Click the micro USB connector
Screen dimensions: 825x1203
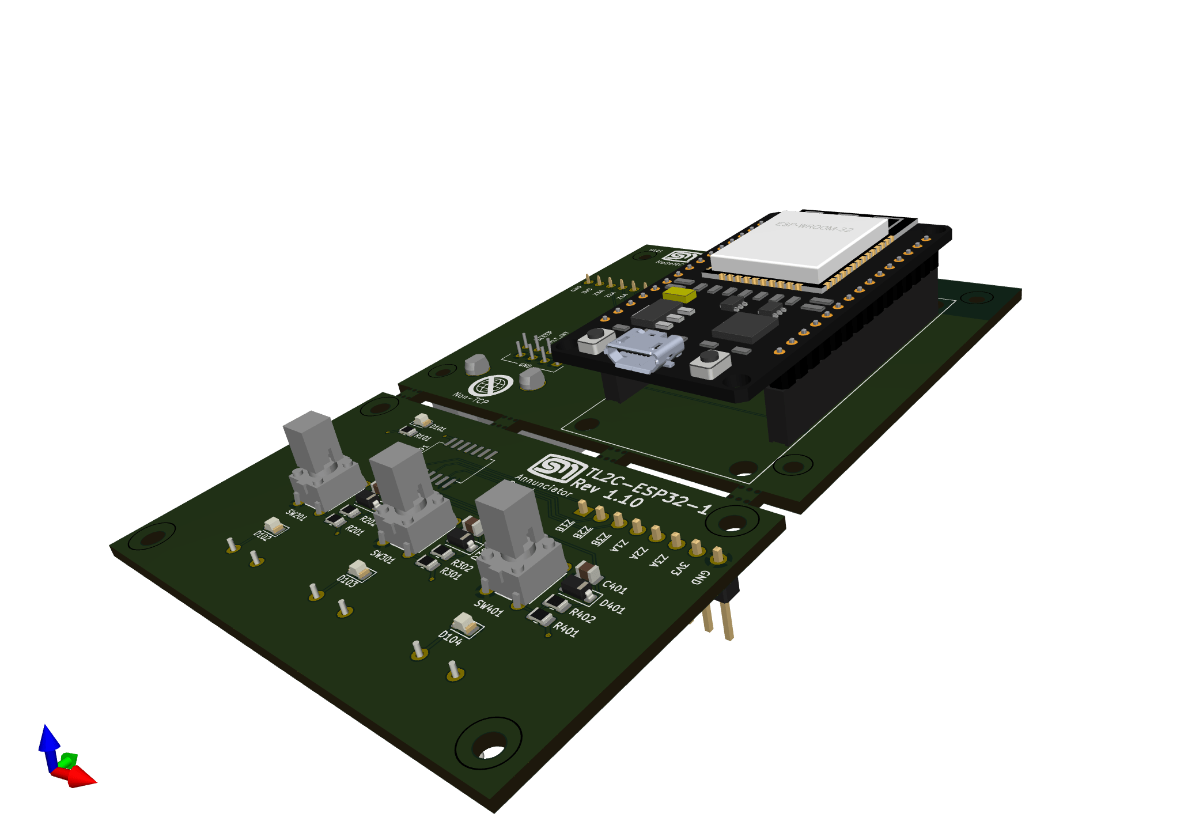tap(644, 349)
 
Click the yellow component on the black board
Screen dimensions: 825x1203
tap(679, 295)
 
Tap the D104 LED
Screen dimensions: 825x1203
tap(465, 624)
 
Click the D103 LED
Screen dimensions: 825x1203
tap(360, 570)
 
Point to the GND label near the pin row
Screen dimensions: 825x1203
tap(699, 577)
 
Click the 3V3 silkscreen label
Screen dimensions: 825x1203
tap(680, 568)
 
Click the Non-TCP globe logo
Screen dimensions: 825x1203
tap(490, 385)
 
